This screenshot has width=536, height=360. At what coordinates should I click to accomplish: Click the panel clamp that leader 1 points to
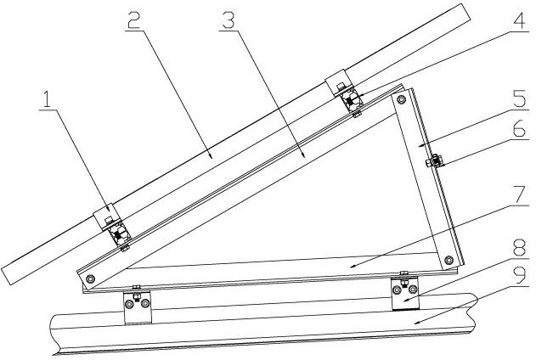pyautogui.click(x=112, y=228)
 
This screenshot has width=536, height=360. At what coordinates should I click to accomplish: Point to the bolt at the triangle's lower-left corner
pyautogui.click(x=92, y=278)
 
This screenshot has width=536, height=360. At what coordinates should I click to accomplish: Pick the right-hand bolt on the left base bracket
pyautogui.click(x=146, y=301)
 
